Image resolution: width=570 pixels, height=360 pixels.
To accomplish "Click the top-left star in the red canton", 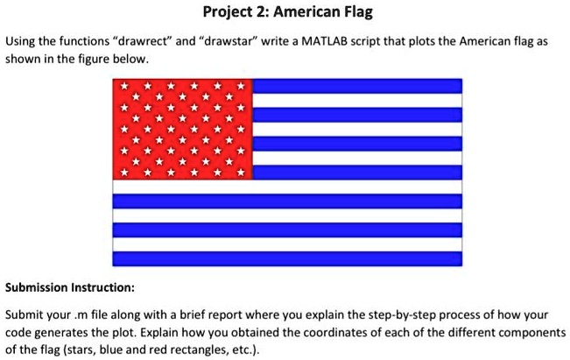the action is (x=124, y=86).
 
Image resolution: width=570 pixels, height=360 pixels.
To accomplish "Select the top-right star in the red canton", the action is (x=241, y=86).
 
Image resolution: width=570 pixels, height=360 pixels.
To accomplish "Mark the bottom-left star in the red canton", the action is (x=124, y=173).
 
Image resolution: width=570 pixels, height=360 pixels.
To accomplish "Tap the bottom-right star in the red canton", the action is (x=241, y=173).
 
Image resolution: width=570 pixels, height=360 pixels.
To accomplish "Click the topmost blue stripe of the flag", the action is (x=357, y=86).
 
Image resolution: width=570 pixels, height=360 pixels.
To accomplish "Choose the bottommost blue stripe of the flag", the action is (x=287, y=258).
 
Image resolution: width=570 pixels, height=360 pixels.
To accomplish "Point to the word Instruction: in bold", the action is (x=102, y=287).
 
